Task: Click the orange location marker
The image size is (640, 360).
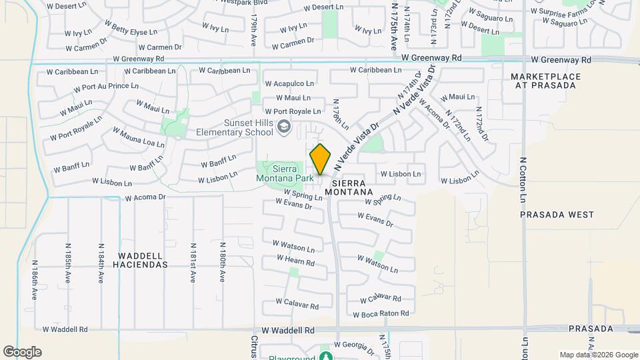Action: [320, 159]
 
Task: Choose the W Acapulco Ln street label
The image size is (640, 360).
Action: [289, 84]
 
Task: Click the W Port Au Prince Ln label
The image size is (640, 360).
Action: [106, 87]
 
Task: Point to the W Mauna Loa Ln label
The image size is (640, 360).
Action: [138, 137]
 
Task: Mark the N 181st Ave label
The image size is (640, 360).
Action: [192, 263]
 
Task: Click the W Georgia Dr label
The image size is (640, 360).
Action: [355, 345]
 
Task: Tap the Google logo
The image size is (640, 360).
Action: [22, 352]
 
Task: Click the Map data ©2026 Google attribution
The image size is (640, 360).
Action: [599, 355]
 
